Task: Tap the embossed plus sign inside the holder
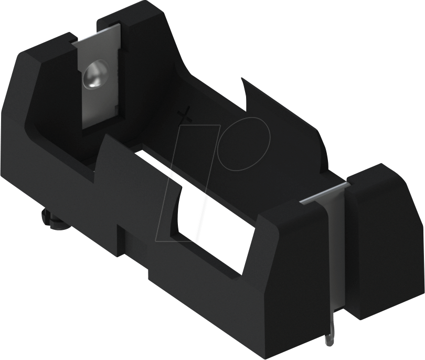click(185, 115)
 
